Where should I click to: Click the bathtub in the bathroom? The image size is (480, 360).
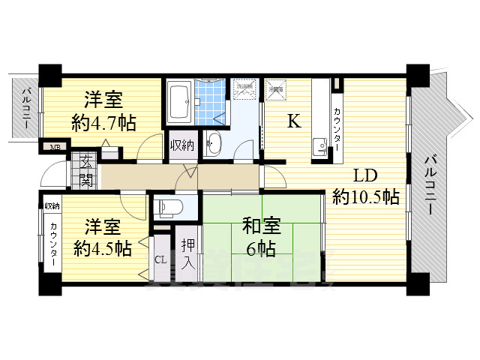[178, 101]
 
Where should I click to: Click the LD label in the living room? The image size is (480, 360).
[364, 177]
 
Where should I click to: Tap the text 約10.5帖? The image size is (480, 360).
[366, 197]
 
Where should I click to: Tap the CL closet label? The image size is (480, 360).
[160, 260]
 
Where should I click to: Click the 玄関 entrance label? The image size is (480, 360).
[85, 169]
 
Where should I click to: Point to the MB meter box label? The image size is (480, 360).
[55, 147]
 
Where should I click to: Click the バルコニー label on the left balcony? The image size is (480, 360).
[25, 107]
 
